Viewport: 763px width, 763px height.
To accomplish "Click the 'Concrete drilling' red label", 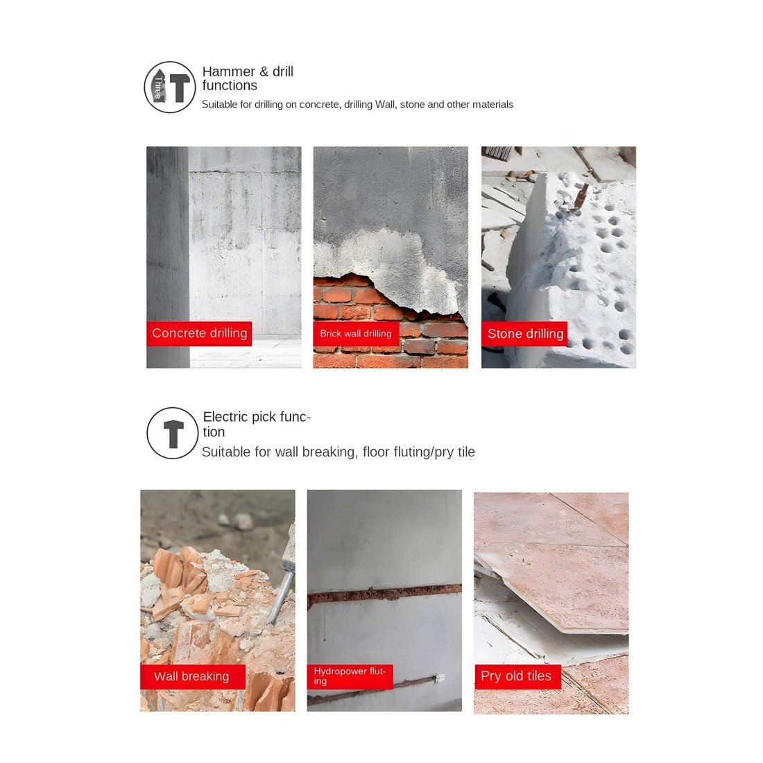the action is tap(199, 334).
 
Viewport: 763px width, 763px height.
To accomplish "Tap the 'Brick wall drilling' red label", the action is tap(356, 334).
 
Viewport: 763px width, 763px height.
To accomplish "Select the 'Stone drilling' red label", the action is tap(524, 334).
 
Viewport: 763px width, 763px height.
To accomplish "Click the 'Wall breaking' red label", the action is tap(193, 676).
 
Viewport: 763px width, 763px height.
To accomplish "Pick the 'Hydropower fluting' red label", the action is tap(350, 676).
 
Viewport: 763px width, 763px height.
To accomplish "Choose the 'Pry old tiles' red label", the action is tap(517, 676).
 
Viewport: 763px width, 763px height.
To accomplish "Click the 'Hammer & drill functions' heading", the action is tap(248, 78).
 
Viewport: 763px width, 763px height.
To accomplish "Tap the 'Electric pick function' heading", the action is tap(257, 425).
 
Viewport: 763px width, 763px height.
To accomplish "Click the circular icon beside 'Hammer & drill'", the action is tap(170, 87).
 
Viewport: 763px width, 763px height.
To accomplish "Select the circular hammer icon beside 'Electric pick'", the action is tap(173, 433).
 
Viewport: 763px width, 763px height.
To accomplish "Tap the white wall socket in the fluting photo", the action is tap(440, 676).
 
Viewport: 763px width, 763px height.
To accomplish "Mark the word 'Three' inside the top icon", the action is tap(158, 87).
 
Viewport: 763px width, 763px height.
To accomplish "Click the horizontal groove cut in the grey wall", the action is tap(384, 592).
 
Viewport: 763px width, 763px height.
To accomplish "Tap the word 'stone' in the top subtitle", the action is tap(412, 105).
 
